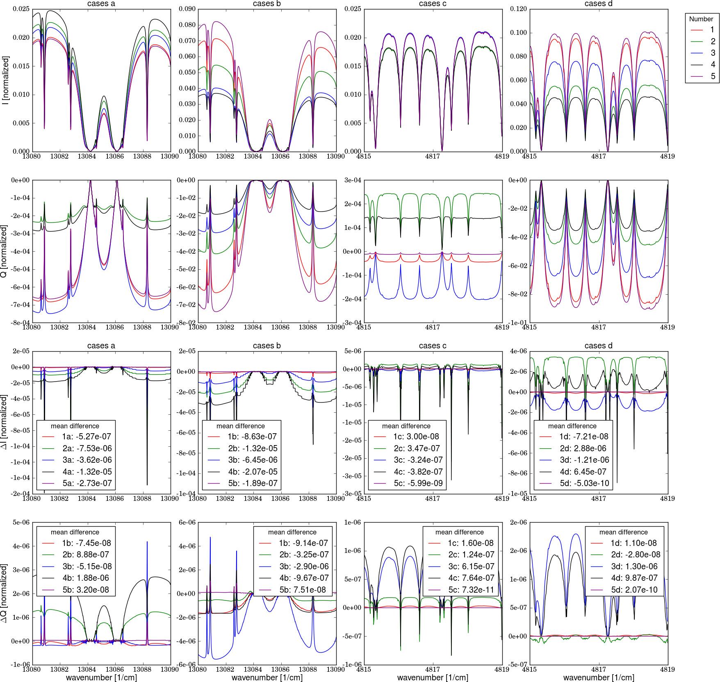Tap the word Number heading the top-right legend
tap(701, 19)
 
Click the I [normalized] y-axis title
tap(5, 80)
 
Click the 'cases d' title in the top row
tap(598, 4)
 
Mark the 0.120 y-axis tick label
tap(518, 9)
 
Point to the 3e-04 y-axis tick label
tap(353, 180)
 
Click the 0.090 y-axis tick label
tap(187, 9)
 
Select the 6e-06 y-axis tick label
tap(187, 523)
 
